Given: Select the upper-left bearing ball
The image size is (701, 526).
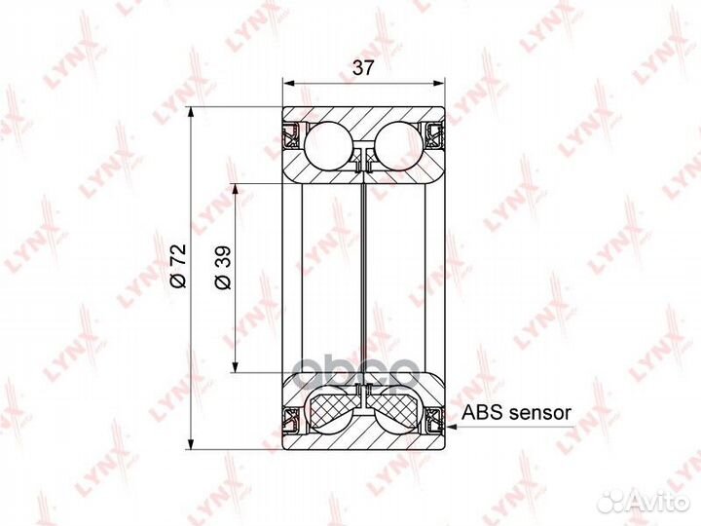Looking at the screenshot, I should point(328,144).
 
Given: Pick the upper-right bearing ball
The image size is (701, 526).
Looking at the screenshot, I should point(400,144).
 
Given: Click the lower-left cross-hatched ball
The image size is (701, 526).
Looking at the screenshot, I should point(329,408).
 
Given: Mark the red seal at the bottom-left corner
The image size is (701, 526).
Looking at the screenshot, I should point(290,420).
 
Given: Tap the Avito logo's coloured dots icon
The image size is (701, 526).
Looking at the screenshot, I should point(613,501).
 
